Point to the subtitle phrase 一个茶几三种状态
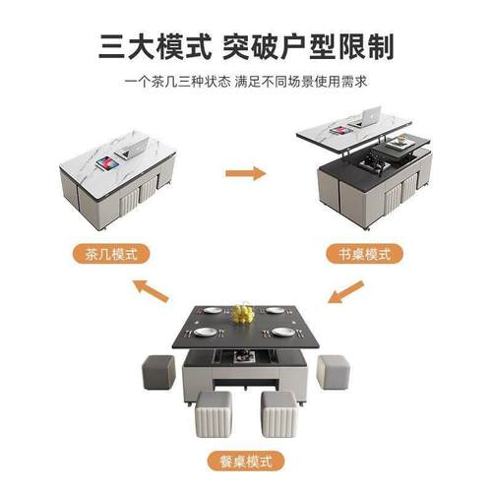177,82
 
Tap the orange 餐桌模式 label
245,461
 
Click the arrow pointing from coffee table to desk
245,174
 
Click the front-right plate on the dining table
281,332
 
